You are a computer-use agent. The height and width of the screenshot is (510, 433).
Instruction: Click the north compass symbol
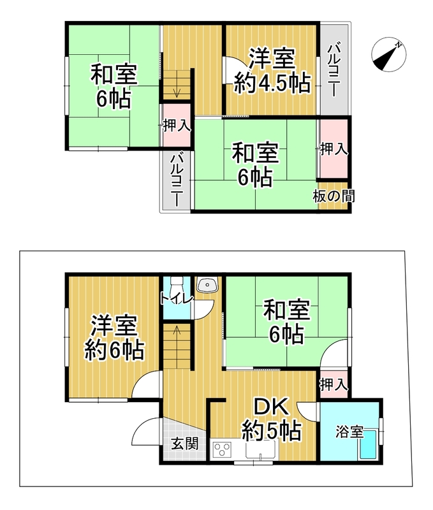(x=389, y=54)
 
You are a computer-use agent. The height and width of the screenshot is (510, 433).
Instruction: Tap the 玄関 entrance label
(x=185, y=443)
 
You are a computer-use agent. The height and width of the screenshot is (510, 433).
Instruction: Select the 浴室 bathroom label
(x=349, y=432)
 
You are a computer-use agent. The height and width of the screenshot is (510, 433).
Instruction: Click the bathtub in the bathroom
(x=368, y=444)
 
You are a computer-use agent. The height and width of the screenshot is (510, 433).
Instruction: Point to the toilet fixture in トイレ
(x=177, y=286)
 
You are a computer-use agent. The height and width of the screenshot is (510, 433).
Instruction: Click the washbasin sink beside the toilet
(x=207, y=285)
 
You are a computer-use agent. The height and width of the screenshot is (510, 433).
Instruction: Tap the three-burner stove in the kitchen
(x=222, y=451)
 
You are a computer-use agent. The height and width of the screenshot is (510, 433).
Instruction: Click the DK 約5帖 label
(x=271, y=420)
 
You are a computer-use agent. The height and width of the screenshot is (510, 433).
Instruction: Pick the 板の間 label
(x=334, y=196)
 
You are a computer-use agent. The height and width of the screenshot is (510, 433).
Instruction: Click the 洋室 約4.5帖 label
(x=272, y=71)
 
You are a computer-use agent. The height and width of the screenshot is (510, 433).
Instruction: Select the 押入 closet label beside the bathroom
(x=334, y=385)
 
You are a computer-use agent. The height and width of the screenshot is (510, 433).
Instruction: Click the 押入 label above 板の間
(x=334, y=149)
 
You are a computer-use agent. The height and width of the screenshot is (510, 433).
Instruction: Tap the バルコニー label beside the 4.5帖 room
(x=334, y=71)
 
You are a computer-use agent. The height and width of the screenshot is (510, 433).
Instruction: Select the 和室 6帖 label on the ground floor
(x=286, y=323)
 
